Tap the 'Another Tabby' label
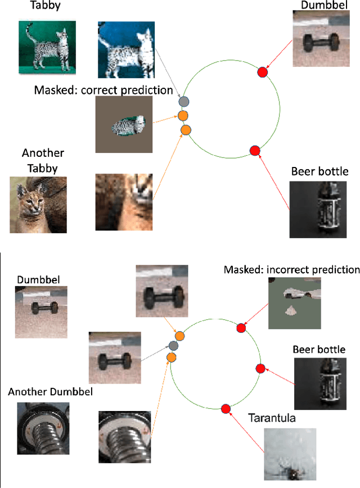tap(43, 159)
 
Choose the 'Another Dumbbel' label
tap(43, 392)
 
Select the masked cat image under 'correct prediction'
tap(124, 124)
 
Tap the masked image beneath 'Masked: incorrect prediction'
tap(295, 304)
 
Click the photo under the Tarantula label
tap(290, 454)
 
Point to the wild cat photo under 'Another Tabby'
tap(38, 205)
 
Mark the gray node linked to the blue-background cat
tap(183, 102)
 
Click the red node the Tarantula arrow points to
tap(226, 409)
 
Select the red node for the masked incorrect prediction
tap(241, 328)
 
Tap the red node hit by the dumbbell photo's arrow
tap(262, 71)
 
